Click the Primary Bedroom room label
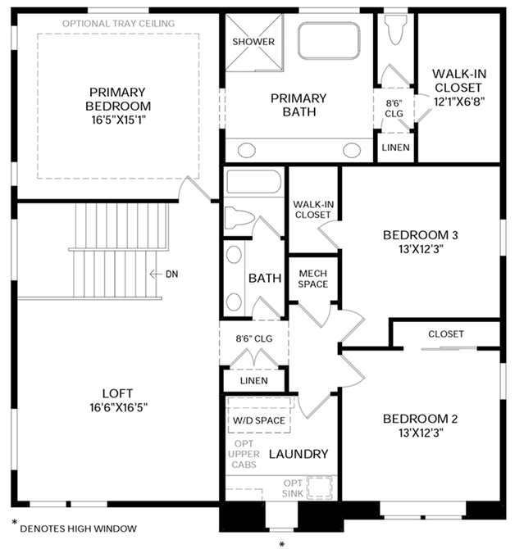[x=118, y=99]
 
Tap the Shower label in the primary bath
[x=253, y=42]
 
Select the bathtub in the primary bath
[x=329, y=41]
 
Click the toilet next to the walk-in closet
[x=395, y=29]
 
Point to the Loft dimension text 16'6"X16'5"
[x=118, y=407]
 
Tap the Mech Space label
[x=313, y=279]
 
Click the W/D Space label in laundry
[x=258, y=420]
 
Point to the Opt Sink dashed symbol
[x=319, y=487]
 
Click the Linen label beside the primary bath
[x=396, y=147]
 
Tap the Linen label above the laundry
[x=253, y=380]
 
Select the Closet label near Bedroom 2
[x=446, y=334]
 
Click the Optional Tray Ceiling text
[x=118, y=24]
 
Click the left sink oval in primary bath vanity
[x=247, y=151]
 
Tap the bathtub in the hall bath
[x=253, y=181]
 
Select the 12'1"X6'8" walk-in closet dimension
[x=459, y=102]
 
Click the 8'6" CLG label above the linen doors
[x=253, y=338]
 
